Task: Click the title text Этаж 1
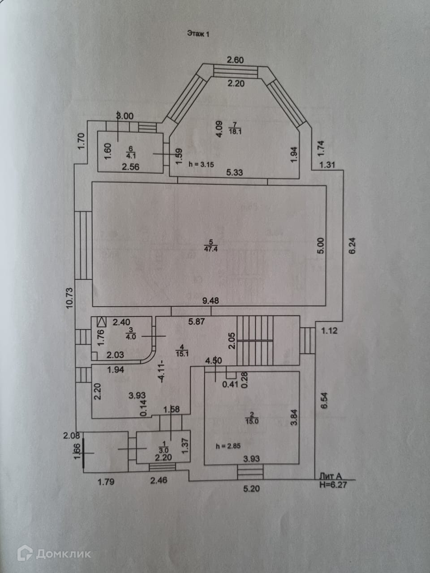(198, 33)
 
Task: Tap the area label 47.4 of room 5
(208, 249)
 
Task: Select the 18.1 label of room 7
(234, 131)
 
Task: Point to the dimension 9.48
(211, 301)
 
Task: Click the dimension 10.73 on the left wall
(69, 298)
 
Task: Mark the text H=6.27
(332, 484)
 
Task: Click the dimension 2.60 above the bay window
(235, 60)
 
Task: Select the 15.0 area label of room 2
(252, 420)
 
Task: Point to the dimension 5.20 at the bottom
(251, 489)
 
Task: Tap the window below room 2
(250, 472)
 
